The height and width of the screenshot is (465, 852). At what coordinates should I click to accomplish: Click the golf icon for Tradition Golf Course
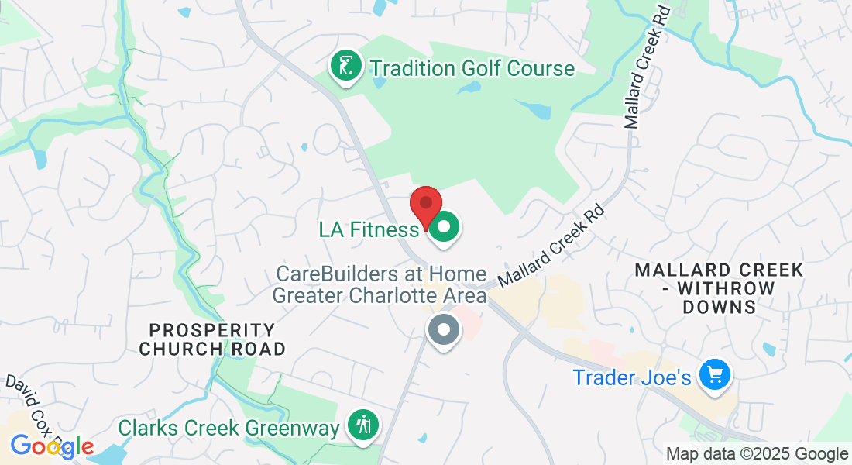(346, 67)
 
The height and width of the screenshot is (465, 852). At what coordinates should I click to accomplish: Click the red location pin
(425, 206)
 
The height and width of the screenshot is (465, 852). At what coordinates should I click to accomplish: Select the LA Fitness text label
(369, 229)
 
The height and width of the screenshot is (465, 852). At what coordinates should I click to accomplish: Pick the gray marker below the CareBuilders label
(445, 331)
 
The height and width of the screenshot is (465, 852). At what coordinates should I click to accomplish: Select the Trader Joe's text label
(631, 377)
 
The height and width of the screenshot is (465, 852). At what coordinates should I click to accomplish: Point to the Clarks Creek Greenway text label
(228, 428)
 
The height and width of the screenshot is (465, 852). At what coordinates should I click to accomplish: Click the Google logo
(52, 446)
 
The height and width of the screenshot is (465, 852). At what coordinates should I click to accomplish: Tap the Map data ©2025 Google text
(757, 454)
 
